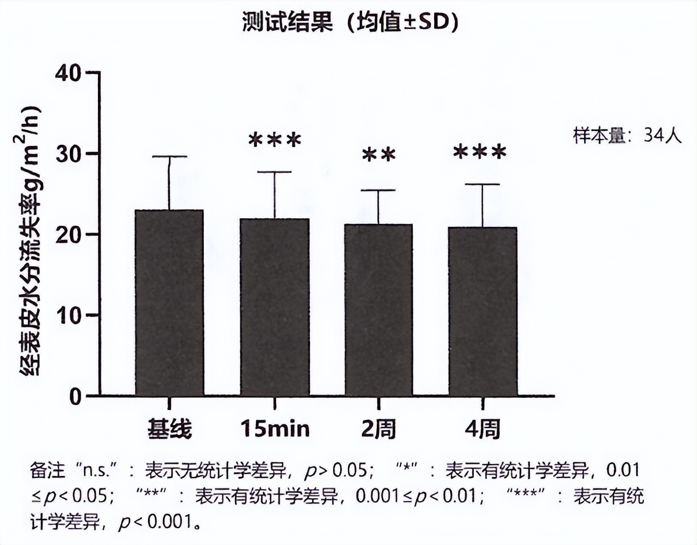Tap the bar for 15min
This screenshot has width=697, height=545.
click(275, 307)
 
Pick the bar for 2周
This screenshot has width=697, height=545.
click(378, 310)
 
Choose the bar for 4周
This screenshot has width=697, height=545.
click(483, 311)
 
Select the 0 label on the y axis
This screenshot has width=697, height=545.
click(75, 397)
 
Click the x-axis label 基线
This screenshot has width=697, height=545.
click(169, 428)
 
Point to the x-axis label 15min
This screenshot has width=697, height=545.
click(275, 428)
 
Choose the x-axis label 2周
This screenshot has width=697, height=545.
click(378, 428)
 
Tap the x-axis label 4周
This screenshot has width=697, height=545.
click(483, 428)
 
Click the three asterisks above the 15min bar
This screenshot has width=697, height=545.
click(275, 141)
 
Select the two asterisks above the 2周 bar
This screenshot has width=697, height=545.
click(379, 155)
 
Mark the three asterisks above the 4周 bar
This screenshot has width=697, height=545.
click(479, 152)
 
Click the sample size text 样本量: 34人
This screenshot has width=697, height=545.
click(627, 135)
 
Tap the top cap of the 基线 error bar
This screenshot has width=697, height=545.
click(169, 156)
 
